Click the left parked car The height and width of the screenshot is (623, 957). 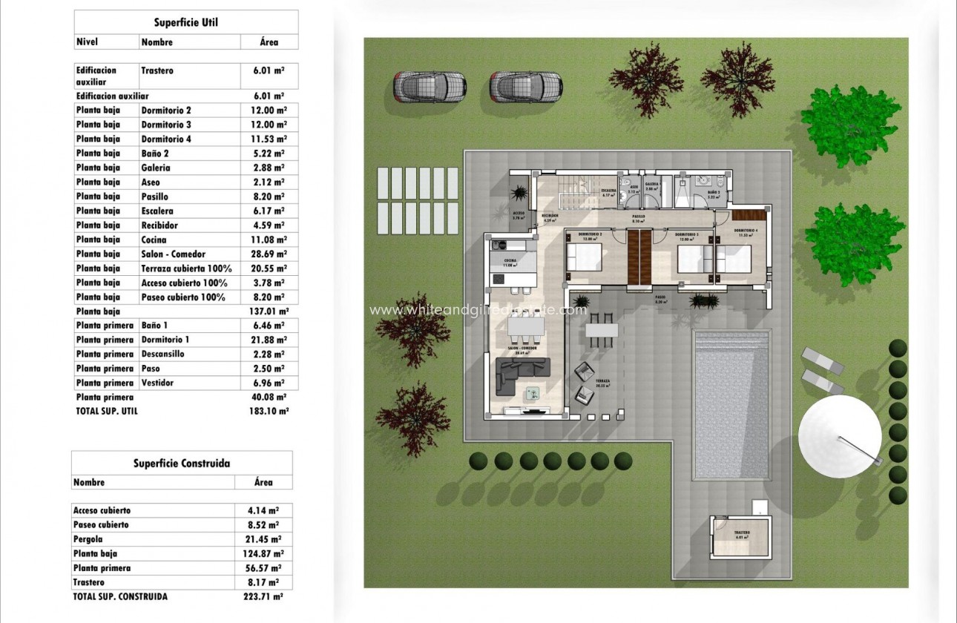click(x=428, y=87)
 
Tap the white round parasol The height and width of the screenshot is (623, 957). click(x=840, y=433)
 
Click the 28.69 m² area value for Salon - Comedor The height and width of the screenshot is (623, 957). click(x=269, y=254)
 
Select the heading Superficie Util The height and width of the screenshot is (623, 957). click(x=185, y=22)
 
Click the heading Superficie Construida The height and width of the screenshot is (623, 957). click(x=182, y=464)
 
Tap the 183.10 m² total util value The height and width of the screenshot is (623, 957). click(x=269, y=411)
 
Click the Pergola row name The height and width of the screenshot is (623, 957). click(x=88, y=539)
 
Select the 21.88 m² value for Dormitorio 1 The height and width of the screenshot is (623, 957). click(x=269, y=340)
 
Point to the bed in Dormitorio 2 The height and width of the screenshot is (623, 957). click(x=585, y=260)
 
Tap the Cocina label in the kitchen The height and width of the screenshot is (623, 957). click(x=510, y=261)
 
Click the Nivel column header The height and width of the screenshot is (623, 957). click(x=88, y=42)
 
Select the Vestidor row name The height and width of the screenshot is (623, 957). click(x=157, y=383)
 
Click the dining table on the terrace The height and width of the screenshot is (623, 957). click(x=601, y=329)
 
